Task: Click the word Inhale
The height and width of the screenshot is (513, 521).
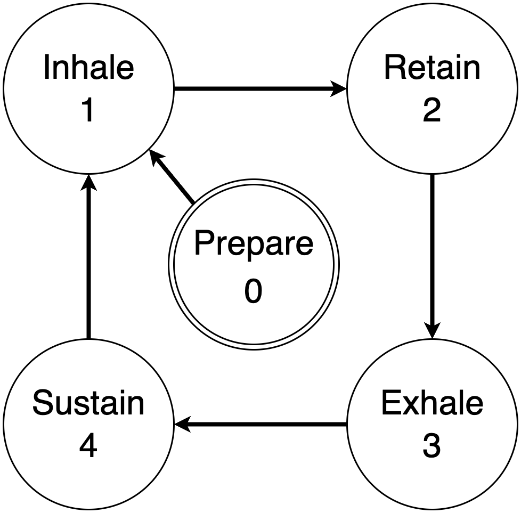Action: (88, 68)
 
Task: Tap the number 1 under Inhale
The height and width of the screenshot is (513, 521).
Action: (88, 110)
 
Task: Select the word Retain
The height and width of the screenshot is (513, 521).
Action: (432, 68)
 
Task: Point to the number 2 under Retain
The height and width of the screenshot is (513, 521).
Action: (432, 110)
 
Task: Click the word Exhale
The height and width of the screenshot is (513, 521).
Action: (432, 403)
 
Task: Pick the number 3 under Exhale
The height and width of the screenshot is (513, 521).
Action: (432, 446)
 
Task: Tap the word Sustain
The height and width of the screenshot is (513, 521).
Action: (88, 403)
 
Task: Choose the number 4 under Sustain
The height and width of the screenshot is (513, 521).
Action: (88, 446)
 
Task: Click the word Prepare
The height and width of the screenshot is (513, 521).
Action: (253, 243)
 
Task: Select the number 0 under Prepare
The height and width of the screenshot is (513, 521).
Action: (253, 291)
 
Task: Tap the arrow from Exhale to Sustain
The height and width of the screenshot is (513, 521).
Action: (261, 425)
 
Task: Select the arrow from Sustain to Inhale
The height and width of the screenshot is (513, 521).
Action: (88, 256)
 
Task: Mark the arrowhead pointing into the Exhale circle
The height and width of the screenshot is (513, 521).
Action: (432, 330)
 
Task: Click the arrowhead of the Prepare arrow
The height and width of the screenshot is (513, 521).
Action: (156, 158)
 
